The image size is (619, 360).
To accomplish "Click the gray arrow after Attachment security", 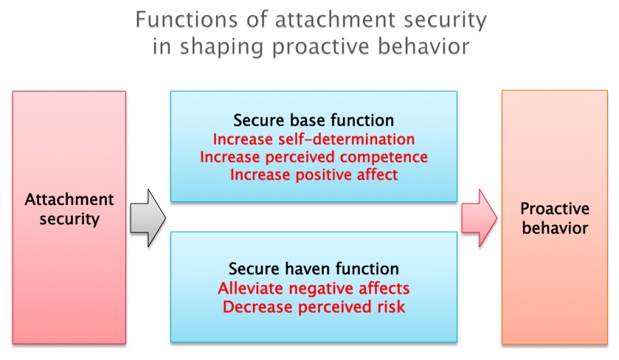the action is [x=148, y=218].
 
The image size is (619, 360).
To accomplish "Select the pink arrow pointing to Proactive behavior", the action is [x=480, y=218].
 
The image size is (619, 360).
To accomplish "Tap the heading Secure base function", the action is [x=314, y=120].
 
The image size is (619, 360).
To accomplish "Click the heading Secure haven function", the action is [x=314, y=269].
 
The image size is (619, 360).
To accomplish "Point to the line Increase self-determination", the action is [x=314, y=139].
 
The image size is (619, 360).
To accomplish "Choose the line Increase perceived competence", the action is [x=314, y=157].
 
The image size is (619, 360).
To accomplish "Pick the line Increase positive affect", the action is [x=314, y=175].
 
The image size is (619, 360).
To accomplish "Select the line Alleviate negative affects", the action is [x=314, y=288].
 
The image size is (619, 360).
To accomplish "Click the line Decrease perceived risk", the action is [x=314, y=307].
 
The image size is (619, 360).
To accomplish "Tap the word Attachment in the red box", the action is [x=69, y=199].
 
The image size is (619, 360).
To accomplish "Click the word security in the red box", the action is [x=69, y=219].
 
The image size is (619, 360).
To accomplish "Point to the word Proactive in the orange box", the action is [x=555, y=209].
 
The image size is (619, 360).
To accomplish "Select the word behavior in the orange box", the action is [x=555, y=228].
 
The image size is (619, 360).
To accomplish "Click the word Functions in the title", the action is [x=187, y=19].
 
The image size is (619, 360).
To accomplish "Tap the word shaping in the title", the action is [x=221, y=47].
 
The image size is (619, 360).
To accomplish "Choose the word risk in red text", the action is [x=391, y=307].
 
